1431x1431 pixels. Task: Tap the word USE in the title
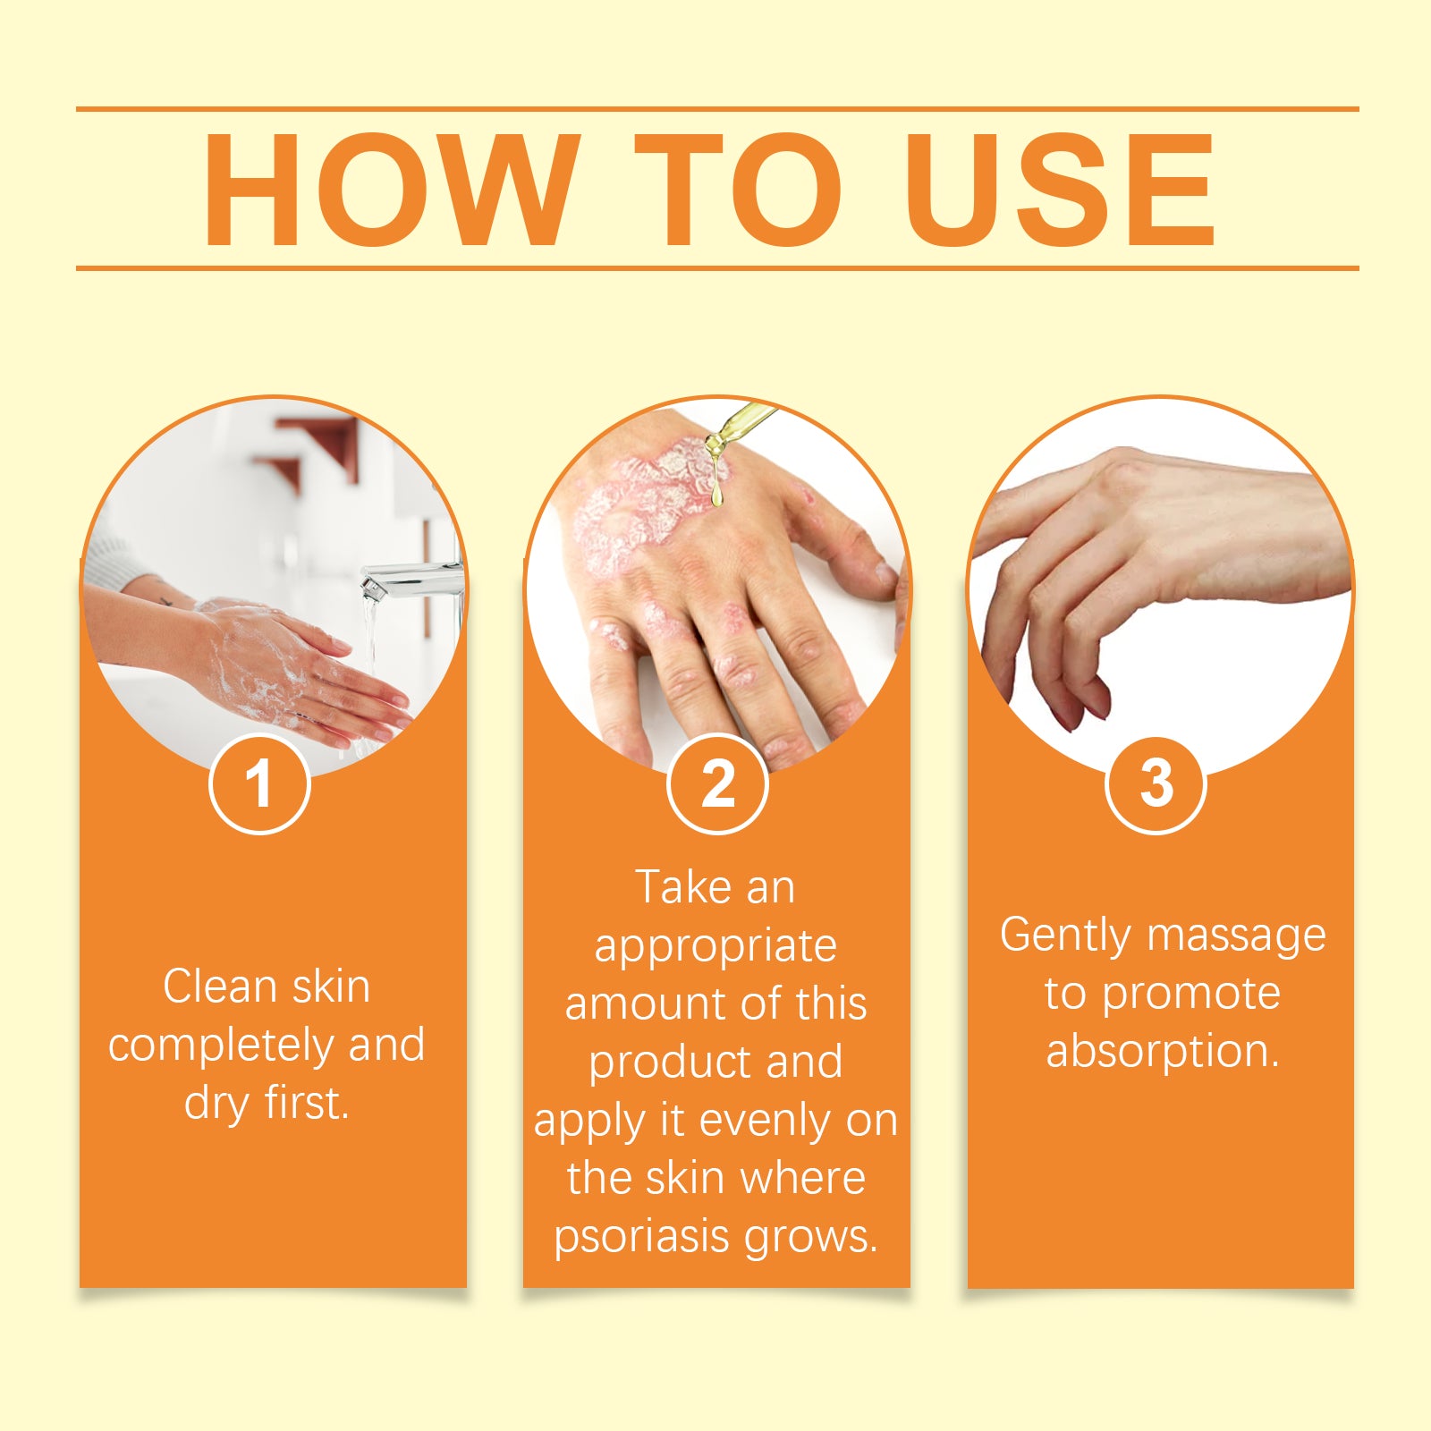[1059, 189]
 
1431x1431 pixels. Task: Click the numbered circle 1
[259, 783]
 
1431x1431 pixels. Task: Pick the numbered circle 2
[717, 783]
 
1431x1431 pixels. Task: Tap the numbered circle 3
[1156, 783]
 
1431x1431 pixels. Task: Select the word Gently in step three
[1066, 936]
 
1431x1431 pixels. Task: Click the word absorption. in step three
[1163, 1050]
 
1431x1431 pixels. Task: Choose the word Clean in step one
[220, 986]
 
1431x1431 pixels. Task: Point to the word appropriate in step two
[715, 946]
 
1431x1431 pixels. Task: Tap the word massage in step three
[1237, 936]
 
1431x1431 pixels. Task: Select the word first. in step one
[306, 1102]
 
